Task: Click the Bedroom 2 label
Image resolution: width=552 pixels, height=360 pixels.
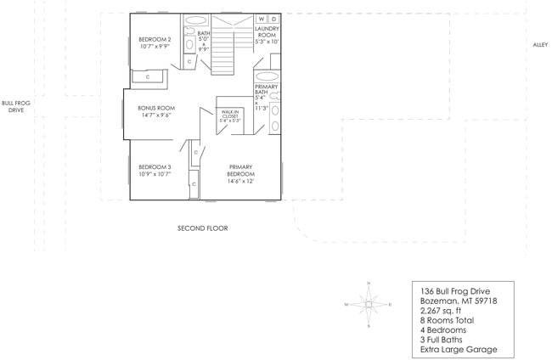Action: pos(155,42)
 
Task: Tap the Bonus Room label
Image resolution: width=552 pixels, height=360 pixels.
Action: pos(155,111)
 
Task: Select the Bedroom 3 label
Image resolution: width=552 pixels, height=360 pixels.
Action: pos(155,170)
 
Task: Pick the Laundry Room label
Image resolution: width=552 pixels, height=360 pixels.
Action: pos(268,35)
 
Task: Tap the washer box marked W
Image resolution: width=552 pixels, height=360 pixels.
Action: pos(261,19)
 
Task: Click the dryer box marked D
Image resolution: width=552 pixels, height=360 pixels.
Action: pos(273,19)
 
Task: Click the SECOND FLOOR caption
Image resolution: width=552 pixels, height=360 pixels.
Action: pos(202,228)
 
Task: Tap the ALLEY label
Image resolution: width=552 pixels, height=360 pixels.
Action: pos(540,45)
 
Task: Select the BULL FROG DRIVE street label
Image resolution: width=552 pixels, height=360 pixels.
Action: pos(16,105)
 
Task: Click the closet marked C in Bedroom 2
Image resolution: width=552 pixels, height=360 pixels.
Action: pos(148,77)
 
